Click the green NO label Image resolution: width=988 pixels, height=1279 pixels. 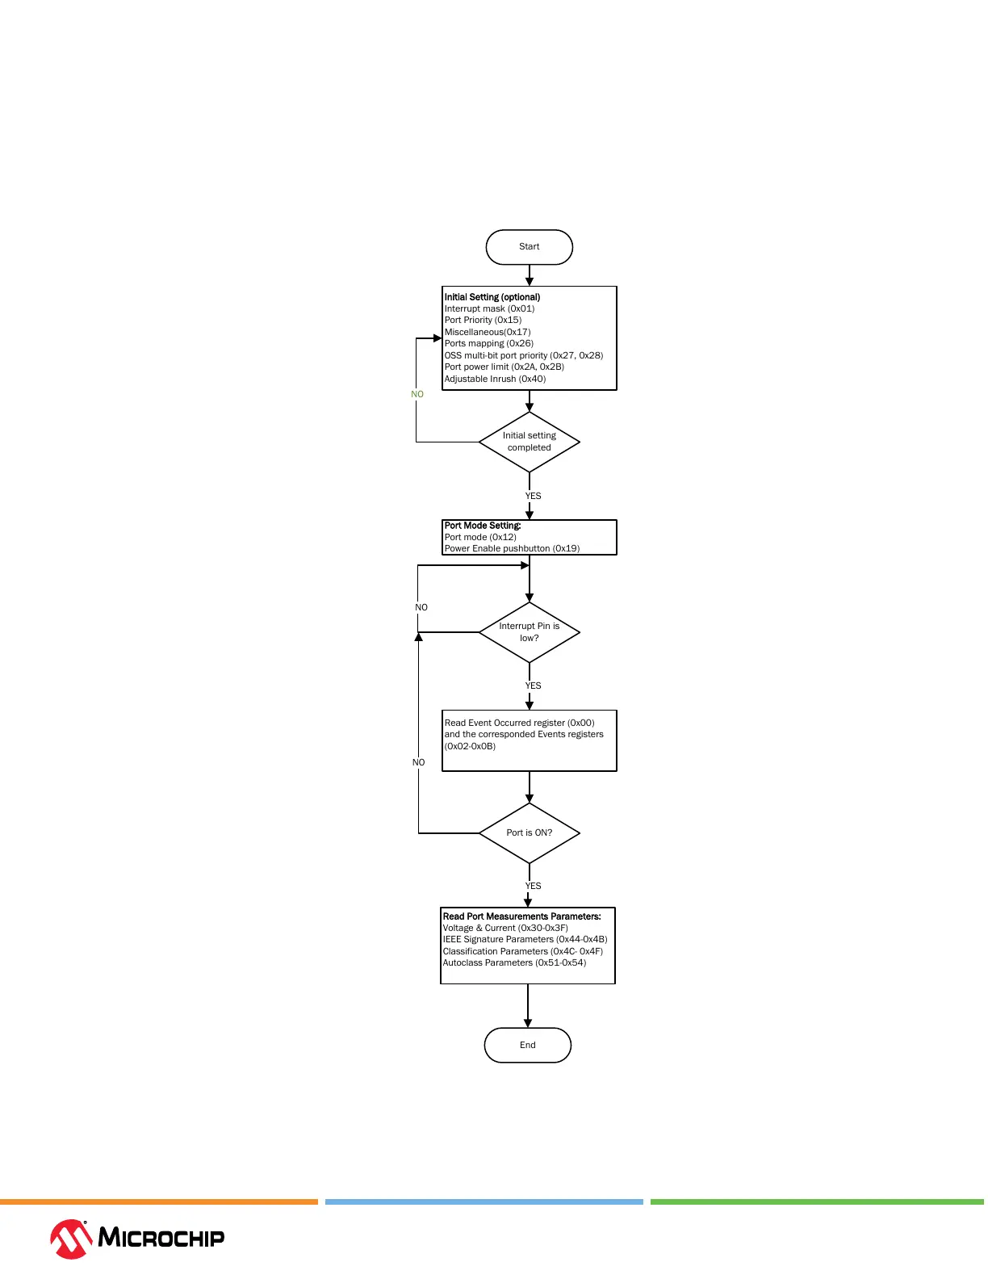point(417,394)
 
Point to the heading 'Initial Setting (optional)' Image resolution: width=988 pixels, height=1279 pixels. point(492,297)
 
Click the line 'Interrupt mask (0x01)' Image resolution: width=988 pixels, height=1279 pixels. point(489,309)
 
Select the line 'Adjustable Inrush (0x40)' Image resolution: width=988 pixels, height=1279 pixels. point(495,379)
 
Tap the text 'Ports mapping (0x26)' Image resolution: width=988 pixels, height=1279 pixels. point(488,344)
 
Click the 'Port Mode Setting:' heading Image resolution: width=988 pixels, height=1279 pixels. point(483,526)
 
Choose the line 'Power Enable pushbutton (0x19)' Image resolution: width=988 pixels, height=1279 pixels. point(512,548)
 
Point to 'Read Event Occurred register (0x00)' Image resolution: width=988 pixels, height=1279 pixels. point(519,723)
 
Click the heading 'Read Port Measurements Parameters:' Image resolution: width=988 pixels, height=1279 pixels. point(522,916)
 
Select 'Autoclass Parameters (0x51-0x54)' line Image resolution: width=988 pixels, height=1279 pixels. point(514,963)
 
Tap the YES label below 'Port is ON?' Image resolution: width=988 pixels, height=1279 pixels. point(533,886)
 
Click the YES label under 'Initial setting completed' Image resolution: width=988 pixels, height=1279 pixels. point(533,497)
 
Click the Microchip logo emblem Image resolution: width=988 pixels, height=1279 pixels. point(71,1239)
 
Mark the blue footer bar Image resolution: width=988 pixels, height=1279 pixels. point(484,1202)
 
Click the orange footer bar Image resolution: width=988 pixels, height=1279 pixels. point(159,1202)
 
